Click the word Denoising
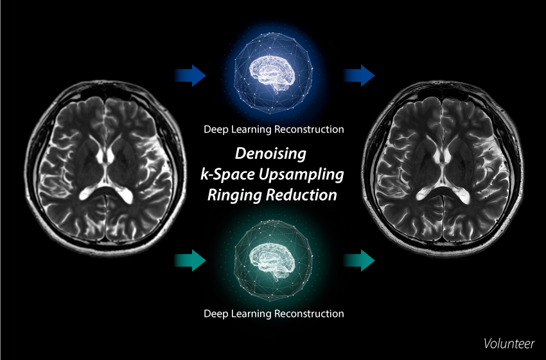pyautogui.click(x=273, y=155)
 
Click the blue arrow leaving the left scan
pyautogui.click(x=191, y=76)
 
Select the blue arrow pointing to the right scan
pyautogui.click(x=358, y=76)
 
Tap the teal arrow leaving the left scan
pyautogui.click(x=191, y=261)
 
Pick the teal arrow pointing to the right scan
pyautogui.click(x=358, y=261)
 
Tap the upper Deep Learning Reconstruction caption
pyautogui.click(x=274, y=129)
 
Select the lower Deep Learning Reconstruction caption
pyautogui.click(x=274, y=314)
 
